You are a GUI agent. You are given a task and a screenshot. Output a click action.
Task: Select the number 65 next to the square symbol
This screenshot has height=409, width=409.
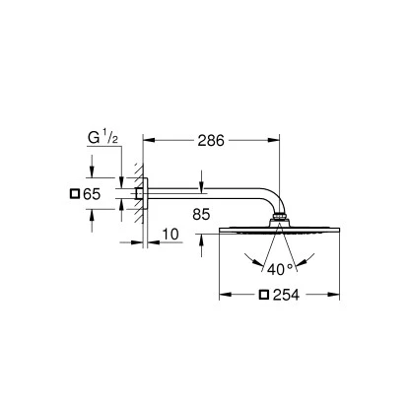point(90,195)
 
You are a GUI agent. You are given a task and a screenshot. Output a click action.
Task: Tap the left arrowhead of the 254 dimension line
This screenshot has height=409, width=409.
point(222,295)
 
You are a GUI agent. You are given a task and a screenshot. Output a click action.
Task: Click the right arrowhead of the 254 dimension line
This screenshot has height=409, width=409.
point(341,295)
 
